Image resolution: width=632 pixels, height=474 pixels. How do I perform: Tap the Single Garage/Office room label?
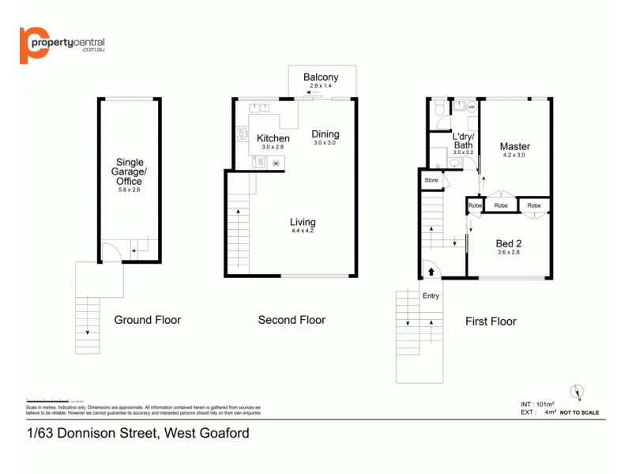tap(129, 172)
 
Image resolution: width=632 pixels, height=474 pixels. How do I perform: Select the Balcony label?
tap(321, 77)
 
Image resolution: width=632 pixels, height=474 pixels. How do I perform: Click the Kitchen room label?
tap(273, 138)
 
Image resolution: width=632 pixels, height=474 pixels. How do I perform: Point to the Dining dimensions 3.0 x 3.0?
tap(325, 143)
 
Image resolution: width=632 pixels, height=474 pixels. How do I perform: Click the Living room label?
tap(303, 222)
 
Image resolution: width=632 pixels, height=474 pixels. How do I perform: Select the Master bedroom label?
tap(514, 146)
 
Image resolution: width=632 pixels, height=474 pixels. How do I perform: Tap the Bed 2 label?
tap(509, 243)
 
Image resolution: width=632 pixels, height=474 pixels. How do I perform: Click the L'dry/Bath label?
tap(462, 140)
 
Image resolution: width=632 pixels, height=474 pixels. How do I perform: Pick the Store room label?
tap(431, 181)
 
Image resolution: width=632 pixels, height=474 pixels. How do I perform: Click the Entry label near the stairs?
tap(431, 296)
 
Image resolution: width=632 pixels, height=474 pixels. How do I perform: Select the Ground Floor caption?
tap(148, 320)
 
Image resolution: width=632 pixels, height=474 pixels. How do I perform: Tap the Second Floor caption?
tap(292, 320)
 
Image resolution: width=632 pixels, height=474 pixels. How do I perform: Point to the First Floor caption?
tap(491, 322)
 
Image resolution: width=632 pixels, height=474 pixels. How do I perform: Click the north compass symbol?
tap(577, 392)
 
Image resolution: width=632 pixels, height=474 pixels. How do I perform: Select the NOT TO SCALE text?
tap(579, 412)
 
